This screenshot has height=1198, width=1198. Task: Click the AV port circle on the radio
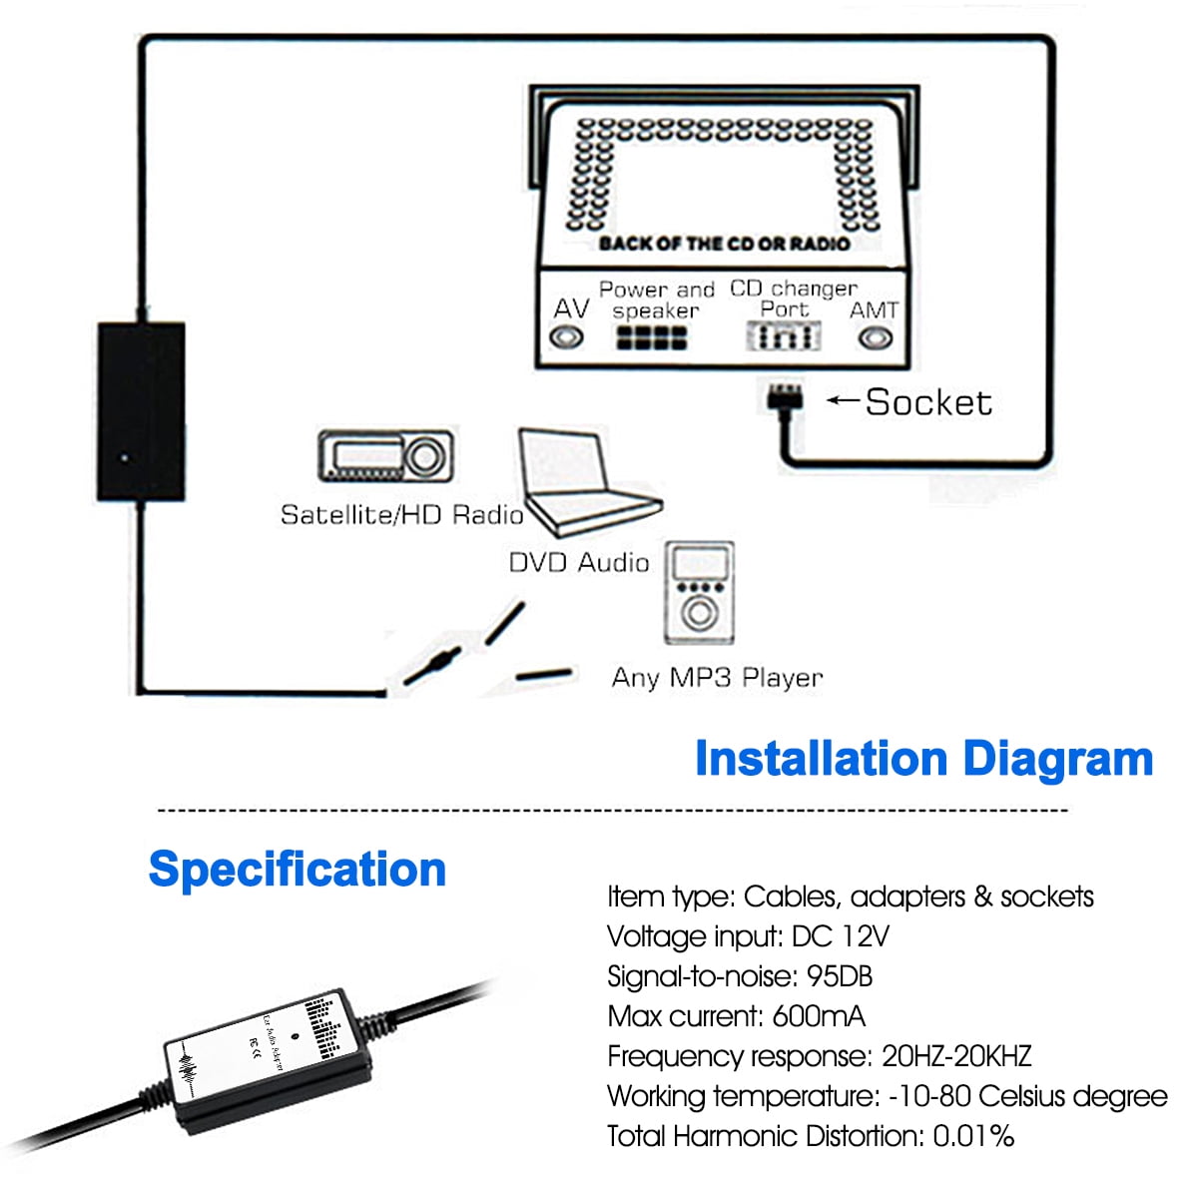pyautogui.click(x=568, y=337)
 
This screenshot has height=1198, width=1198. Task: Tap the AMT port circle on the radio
pyautogui.click(x=876, y=337)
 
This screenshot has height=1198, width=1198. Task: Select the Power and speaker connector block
pyautogui.click(x=651, y=338)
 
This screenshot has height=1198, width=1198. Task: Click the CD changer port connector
pyautogui.click(x=785, y=336)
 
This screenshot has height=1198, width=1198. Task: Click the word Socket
pyautogui.click(x=928, y=402)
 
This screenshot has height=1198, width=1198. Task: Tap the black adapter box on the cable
pyautogui.click(x=141, y=411)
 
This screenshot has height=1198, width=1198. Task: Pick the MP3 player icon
pyautogui.click(x=699, y=593)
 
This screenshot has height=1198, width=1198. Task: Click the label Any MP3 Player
pyautogui.click(x=717, y=678)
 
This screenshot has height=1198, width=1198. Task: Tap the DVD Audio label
pyautogui.click(x=579, y=563)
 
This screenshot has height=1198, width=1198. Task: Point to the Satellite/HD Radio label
pyautogui.click(x=401, y=515)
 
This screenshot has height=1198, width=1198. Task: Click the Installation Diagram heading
pyautogui.click(x=923, y=759)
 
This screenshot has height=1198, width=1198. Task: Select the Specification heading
pyautogui.click(x=297, y=869)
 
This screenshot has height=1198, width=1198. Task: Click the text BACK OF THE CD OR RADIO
pyautogui.click(x=724, y=244)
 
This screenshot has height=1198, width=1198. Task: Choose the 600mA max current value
pyautogui.click(x=819, y=1016)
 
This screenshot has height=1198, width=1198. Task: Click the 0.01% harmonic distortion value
pyautogui.click(x=973, y=1136)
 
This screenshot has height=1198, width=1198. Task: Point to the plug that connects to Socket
pyautogui.click(x=785, y=396)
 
